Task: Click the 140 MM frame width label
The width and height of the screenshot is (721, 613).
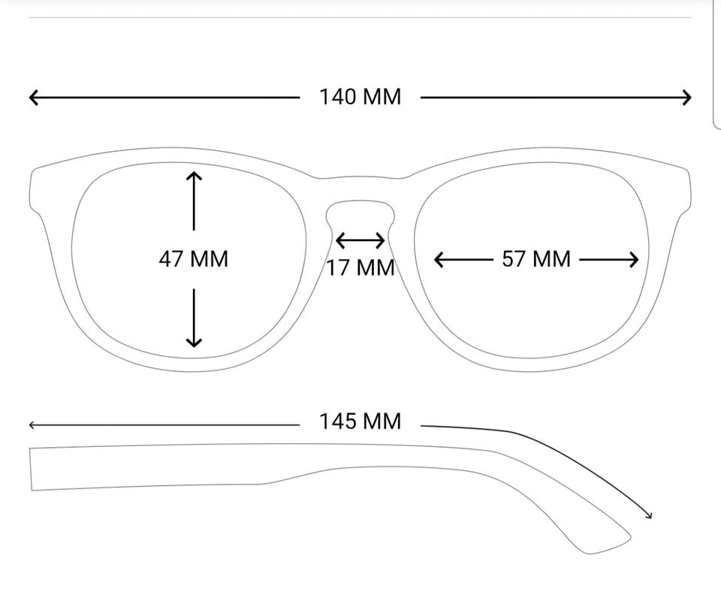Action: pyautogui.click(x=360, y=97)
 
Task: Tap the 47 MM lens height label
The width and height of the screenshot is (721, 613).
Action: pyautogui.click(x=194, y=259)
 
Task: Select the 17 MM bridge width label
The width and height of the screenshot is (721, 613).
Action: pyautogui.click(x=361, y=267)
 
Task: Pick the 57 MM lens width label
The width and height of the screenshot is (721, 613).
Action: pyautogui.click(x=536, y=259)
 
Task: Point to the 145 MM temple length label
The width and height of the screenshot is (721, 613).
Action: pyautogui.click(x=360, y=421)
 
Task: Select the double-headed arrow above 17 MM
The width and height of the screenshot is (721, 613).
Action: pyautogui.click(x=360, y=240)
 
